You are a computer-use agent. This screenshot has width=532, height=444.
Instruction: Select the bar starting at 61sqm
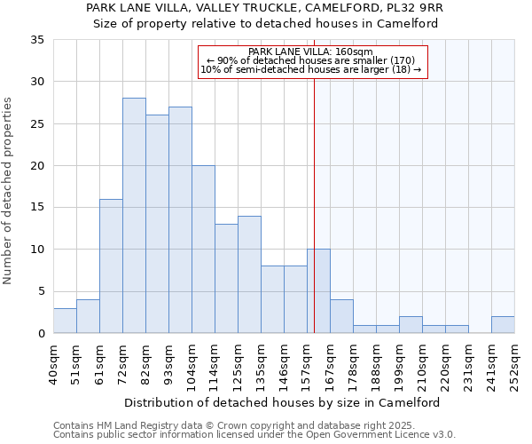[111, 266]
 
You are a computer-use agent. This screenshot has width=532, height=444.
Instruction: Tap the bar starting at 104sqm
[203, 250]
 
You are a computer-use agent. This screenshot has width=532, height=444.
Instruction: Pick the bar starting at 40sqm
[65, 321]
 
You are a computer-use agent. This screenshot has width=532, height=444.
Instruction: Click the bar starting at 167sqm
[341, 316]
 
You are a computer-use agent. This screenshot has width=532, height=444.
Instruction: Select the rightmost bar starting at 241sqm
[503, 325]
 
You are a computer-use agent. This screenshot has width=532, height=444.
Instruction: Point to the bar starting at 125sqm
[249, 274]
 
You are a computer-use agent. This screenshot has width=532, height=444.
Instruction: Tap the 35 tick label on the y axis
[36, 40]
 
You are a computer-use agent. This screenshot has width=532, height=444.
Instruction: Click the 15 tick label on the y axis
[36, 208]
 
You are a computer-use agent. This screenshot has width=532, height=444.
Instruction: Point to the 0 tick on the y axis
[40, 334]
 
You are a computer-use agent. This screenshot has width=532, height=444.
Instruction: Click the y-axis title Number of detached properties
[9, 191]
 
